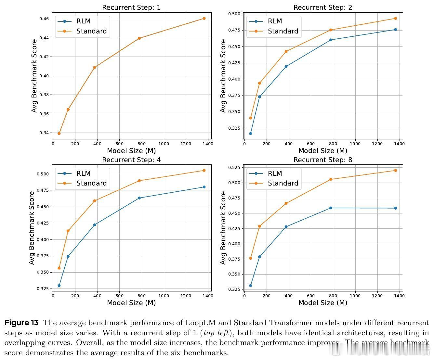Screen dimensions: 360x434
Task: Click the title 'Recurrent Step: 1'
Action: (x=131, y=7)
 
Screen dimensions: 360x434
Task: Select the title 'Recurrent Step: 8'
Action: (x=323, y=160)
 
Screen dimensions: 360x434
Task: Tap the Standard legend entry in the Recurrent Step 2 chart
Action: (x=283, y=31)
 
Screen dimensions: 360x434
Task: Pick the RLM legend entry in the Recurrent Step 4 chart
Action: (x=83, y=174)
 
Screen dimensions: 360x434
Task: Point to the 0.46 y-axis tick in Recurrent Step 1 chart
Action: (x=45, y=19)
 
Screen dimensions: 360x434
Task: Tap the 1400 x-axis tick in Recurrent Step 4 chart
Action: (x=208, y=296)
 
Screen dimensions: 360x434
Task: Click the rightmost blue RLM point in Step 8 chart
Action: (x=395, y=208)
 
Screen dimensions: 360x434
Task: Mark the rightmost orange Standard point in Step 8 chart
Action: (x=395, y=170)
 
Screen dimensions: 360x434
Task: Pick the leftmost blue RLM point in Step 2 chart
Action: (x=250, y=134)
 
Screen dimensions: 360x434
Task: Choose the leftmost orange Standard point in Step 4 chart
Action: (x=59, y=268)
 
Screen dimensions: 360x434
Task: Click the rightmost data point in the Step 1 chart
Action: (x=204, y=18)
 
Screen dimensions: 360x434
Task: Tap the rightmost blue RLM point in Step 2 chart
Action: (x=395, y=30)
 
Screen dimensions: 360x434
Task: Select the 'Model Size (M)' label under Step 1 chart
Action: (x=131, y=151)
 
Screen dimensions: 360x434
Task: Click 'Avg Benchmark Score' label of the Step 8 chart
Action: (x=223, y=228)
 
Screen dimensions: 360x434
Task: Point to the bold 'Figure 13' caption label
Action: (x=21, y=323)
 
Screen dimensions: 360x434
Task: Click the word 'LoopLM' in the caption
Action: (x=199, y=323)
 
